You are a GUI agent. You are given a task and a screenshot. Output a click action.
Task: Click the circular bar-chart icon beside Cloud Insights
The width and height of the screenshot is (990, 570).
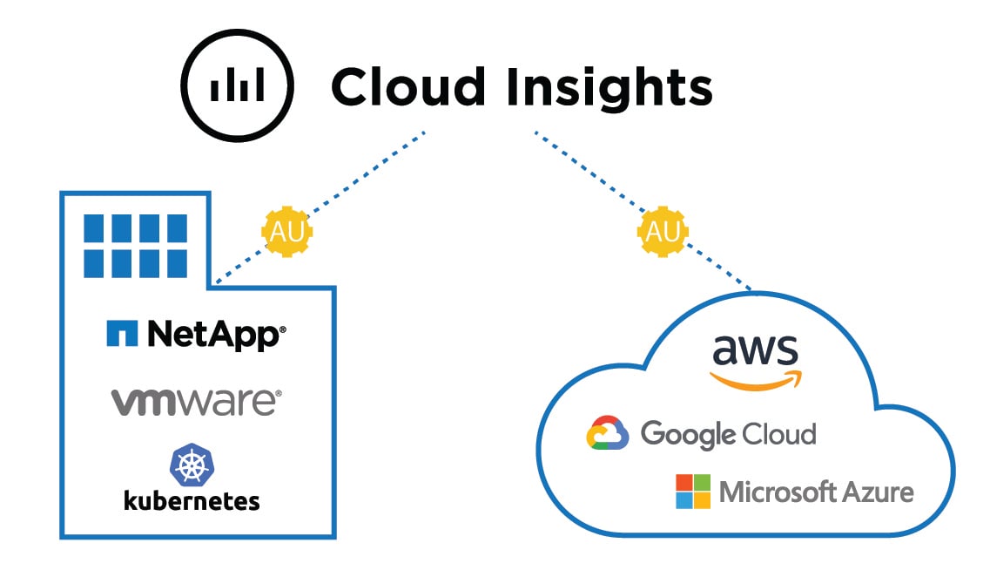click(x=237, y=86)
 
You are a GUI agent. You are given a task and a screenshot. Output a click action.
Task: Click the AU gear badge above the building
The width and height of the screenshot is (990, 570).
click(x=287, y=232)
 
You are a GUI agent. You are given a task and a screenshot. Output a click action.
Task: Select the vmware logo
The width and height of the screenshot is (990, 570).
click(x=196, y=402)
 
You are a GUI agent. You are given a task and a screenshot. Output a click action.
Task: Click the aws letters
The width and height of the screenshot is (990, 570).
click(x=755, y=349)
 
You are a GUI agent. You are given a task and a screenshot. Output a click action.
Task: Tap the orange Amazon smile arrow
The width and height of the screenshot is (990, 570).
click(x=756, y=379)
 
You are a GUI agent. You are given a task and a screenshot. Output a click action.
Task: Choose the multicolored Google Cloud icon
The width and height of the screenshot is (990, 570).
click(x=608, y=433)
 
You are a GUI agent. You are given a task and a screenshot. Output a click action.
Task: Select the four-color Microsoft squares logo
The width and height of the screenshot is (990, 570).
click(x=693, y=492)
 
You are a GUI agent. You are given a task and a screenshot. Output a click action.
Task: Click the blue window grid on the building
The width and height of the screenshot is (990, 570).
click(x=135, y=244)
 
